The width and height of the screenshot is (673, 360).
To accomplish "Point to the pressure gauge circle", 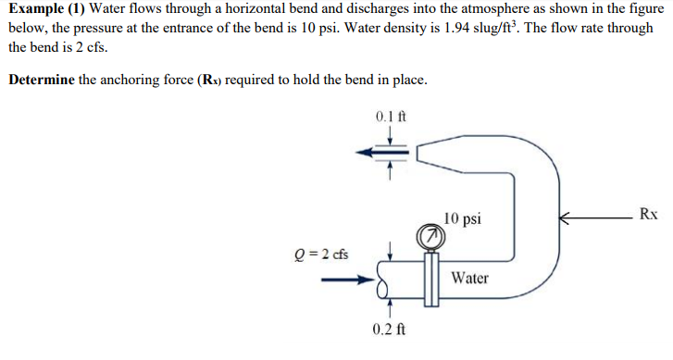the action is coord(429,238).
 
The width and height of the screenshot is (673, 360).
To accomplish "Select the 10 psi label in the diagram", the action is coord(462,218).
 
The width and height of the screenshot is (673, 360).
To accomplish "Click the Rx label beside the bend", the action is coord(648,214).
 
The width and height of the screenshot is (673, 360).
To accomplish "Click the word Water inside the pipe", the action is coord(470,278).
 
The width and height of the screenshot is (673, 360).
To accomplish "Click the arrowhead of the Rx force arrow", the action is coord(562,218).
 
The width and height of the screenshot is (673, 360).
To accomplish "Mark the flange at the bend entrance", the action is coord(430,278).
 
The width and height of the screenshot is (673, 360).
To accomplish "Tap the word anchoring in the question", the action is coord(132,80).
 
